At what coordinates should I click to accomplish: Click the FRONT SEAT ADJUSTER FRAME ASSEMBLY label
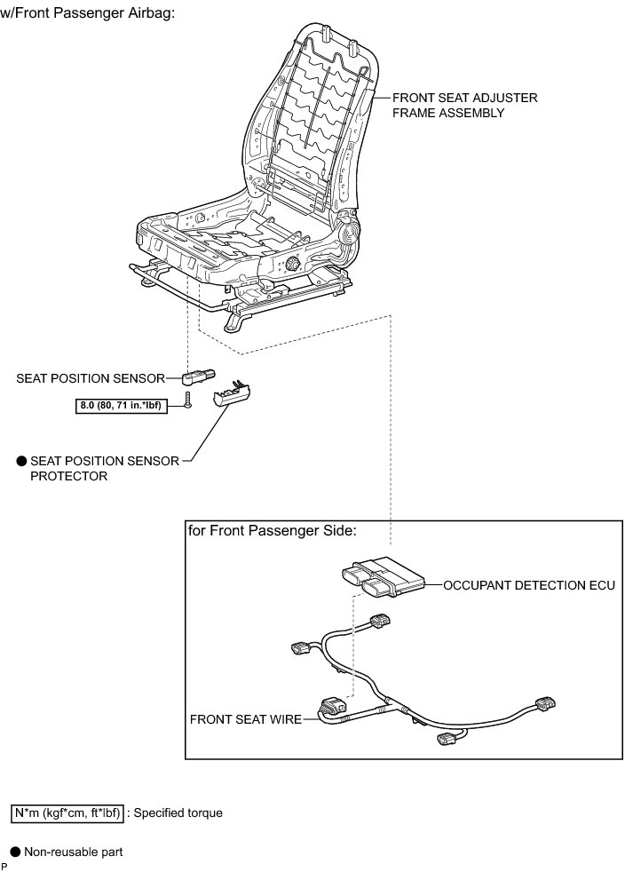464,105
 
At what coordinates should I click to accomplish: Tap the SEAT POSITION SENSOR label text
90,378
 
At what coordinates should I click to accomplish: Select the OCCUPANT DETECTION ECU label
528,586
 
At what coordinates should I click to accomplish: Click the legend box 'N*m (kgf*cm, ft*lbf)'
67,813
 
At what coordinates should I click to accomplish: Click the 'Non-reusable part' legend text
73,852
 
